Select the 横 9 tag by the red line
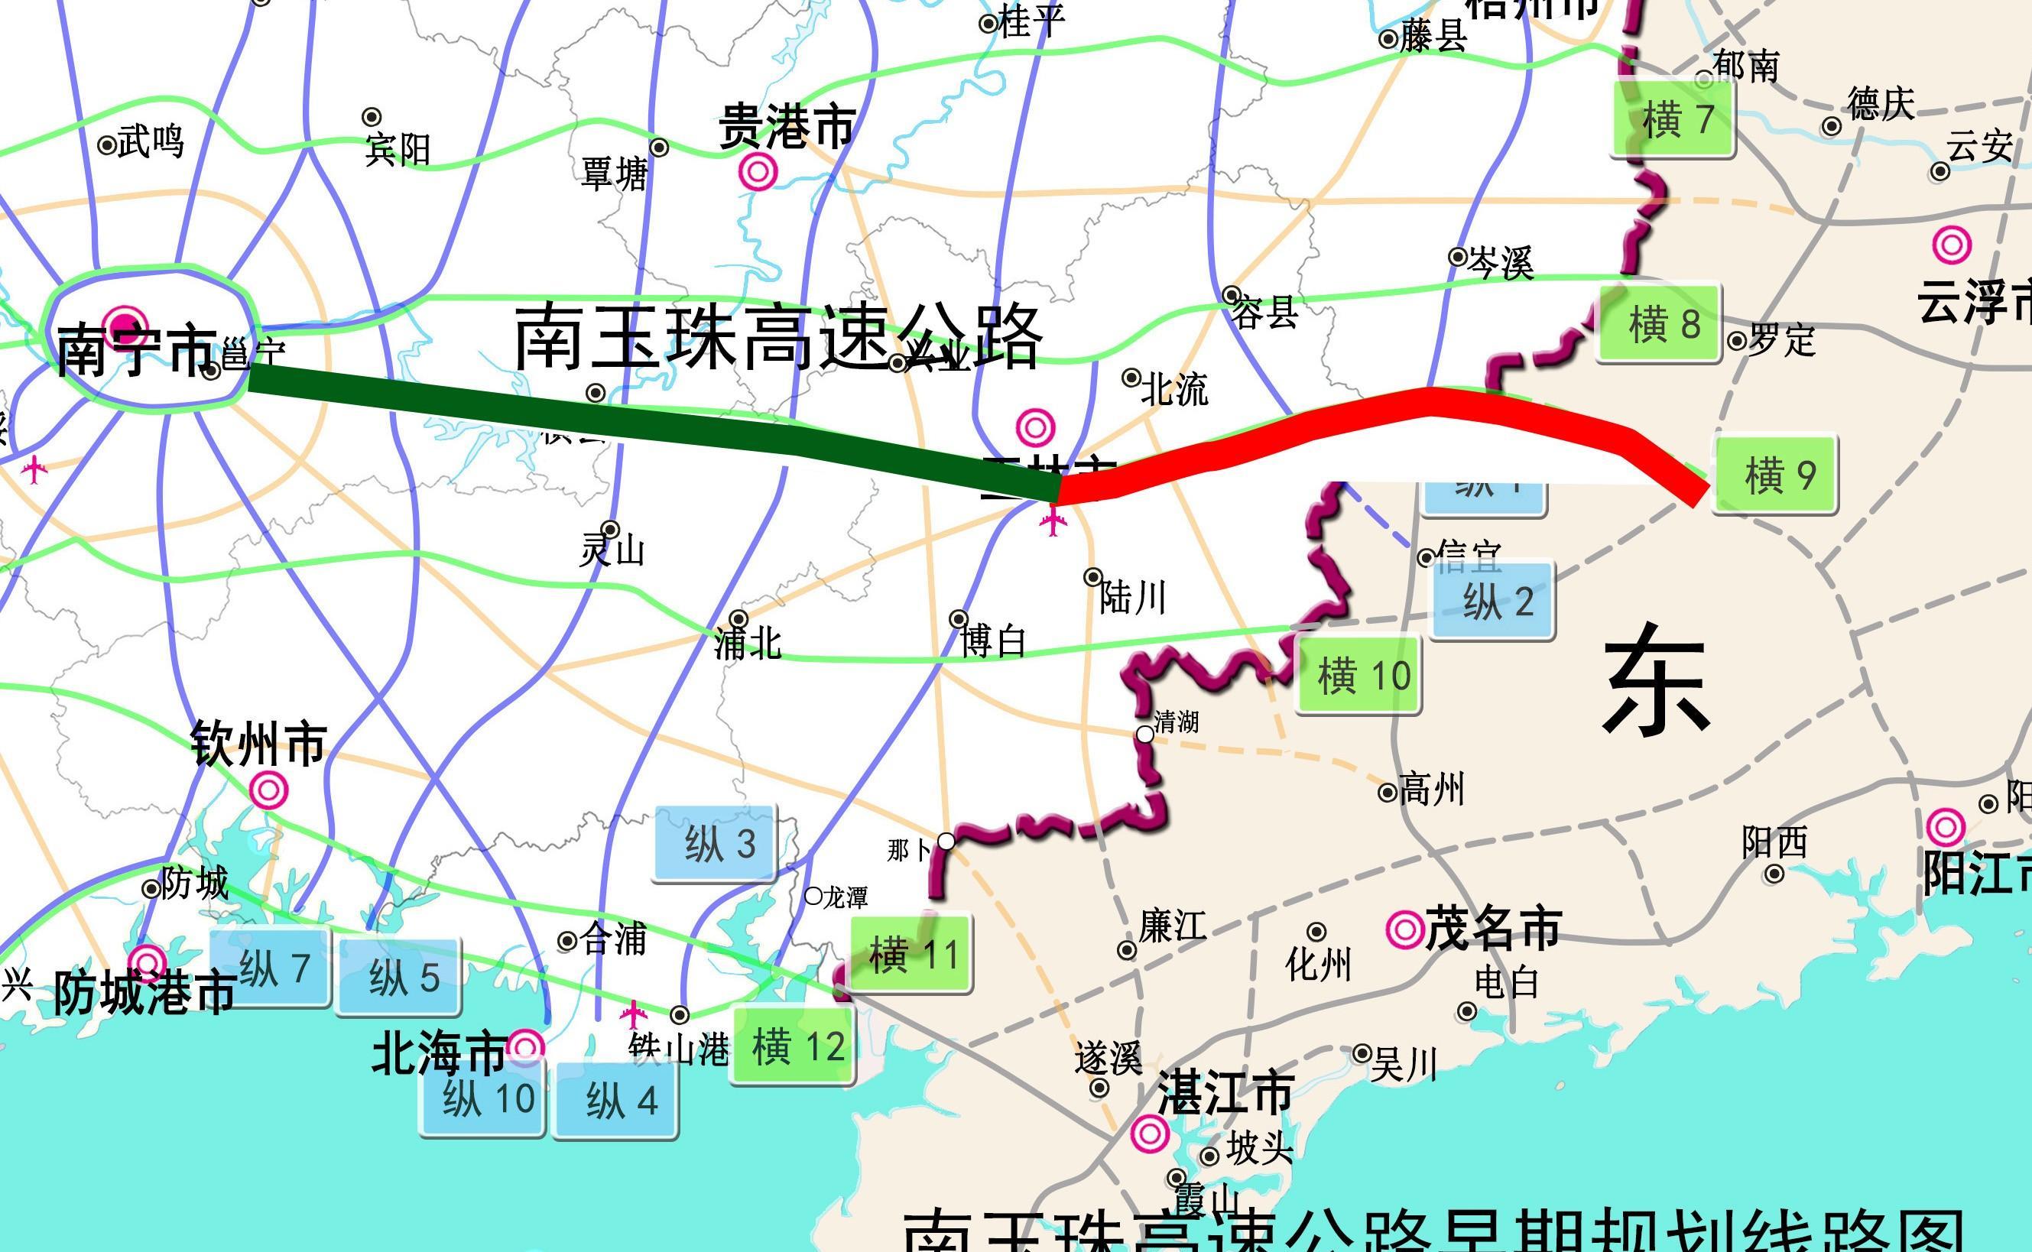coord(1774,475)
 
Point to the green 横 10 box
coord(1358,675)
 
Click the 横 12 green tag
coord(794,1046)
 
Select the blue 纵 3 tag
coord(716,844)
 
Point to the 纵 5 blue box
coord(399,978)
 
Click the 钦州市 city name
coord(258,743)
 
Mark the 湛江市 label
coord(1225,1092)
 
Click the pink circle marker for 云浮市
coord(1951,245)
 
